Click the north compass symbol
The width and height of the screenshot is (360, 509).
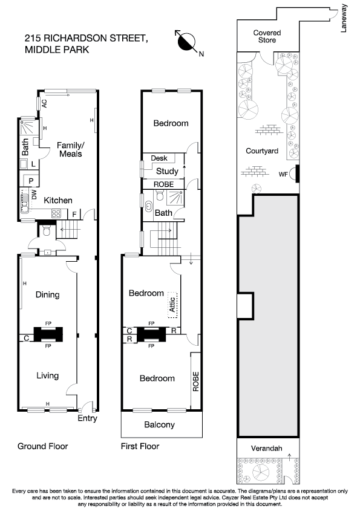[187, 42]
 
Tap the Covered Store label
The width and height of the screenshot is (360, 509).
[267, 36]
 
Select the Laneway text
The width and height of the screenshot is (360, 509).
[344, 18]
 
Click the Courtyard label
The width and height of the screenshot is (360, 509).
[262, 151]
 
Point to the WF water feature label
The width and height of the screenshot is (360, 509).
[283, 174]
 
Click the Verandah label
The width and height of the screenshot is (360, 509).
[266, 449]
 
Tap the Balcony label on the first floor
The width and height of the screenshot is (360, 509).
[159, 424]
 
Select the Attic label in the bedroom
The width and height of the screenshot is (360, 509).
[172, 305]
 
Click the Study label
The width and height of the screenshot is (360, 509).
[167, 171]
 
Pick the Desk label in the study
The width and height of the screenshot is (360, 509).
[159, 158]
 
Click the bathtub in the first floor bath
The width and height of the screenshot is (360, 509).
[148, 207]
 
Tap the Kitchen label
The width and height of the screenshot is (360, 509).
[58, 200]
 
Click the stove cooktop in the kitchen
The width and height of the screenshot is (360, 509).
[56, 213]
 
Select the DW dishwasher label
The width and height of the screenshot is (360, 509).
[34, 195]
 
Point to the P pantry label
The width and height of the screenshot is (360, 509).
[31, 181]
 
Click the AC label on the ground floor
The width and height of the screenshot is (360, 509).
[45, 103]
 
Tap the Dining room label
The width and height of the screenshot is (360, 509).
[47, 294]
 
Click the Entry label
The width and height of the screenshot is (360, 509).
[87, 418]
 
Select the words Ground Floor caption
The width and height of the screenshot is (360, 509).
[42, 446]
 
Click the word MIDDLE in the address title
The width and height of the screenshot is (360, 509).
[41, 50]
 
